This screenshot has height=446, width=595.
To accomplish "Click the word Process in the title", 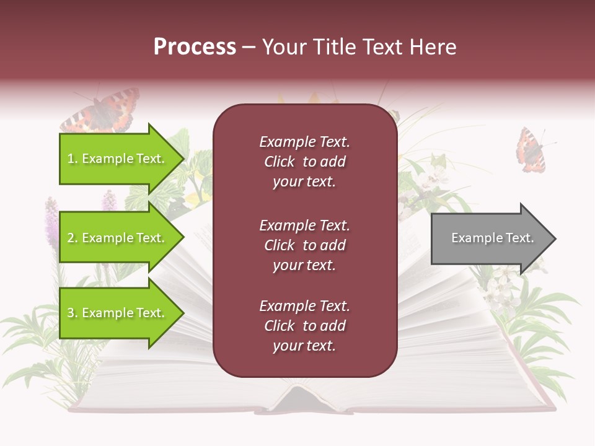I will coord(195,47).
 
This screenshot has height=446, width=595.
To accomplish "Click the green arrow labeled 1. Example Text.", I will coord(118,159).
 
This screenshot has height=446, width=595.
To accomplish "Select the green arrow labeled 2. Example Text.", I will coord(118,238).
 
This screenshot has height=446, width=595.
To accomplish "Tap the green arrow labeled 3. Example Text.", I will coord(118,313).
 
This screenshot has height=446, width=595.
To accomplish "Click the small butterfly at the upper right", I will coord(532,150).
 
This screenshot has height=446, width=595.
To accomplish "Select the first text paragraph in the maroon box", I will coord(304,162).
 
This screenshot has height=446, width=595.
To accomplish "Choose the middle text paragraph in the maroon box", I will coord(304,245).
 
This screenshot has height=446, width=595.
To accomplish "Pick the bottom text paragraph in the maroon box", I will coord(304,326).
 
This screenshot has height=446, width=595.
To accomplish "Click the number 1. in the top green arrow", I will coord(73,159).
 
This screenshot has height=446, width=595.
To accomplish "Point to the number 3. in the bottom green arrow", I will coord(73,313).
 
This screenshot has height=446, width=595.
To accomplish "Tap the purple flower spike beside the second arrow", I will coord(51,223).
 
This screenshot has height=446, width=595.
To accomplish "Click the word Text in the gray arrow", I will coord(519,238).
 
